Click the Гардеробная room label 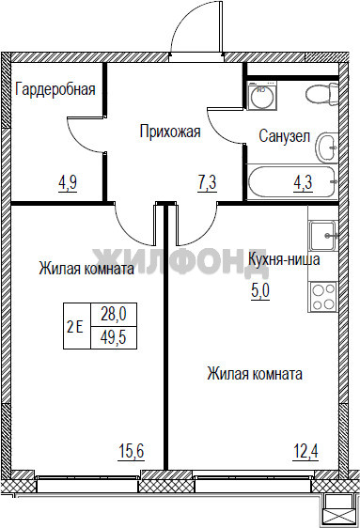tap(55, 89)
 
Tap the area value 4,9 tap(68, 182)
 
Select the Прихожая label tap(170, 131)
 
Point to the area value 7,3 tap(207, 182)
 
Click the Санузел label tap(284, 136)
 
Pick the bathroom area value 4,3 tap(303, 182)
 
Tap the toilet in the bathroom tap(322, 93)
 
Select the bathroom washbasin tap(327, 148)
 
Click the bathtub tap(292, 182)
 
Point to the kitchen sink tap(323, 236)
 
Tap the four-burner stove tap(323, 297)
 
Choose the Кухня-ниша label tap(284, 259)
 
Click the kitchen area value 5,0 tap(260, 290)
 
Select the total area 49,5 tap(114, 337)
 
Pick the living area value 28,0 tap(114, 315)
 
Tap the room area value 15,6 tap(132, 451)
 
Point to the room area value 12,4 tap(305, 451)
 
